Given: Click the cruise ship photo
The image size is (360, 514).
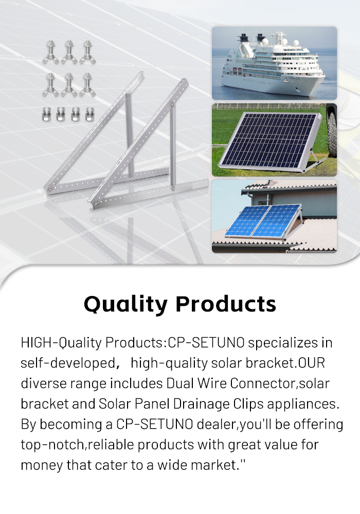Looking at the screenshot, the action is [x=275, y=63].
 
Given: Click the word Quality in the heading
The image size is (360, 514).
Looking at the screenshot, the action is [x=126, y=304].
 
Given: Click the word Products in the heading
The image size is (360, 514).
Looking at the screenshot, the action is [x=226, y=304].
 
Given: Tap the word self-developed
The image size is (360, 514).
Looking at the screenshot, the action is [x=68, y=363].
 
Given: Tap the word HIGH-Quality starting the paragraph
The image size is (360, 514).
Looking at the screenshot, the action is [x=61, y=343].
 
